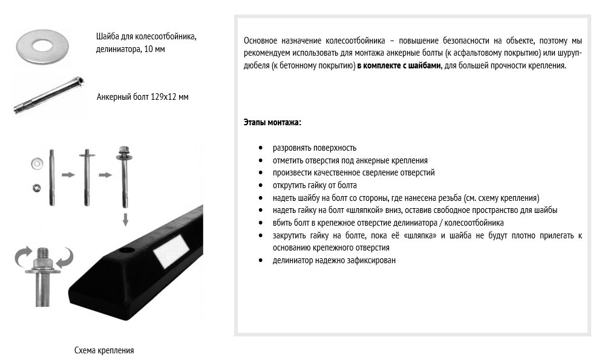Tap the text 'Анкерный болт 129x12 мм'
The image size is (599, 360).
pyautogui.click(x=142, y=97)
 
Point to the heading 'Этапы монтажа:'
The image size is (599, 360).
pyautogui.click(x=272, y=122)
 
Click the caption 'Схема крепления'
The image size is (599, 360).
pyautogui.click(x=104, y=350)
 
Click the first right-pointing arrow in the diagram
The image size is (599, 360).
pyautogui.click(x=68, y=175)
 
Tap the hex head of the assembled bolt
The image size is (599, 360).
pyautogui.click(x=125, y=149)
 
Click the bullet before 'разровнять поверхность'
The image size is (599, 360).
pyautogui.click(x=260, y=148)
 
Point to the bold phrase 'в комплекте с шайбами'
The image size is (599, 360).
pyautogui.click(x=396, y=65)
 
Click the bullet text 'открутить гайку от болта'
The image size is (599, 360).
pyautogui.click(x=315, y=185)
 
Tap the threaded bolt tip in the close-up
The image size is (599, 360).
pyautogui.click(x=45, y=250)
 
